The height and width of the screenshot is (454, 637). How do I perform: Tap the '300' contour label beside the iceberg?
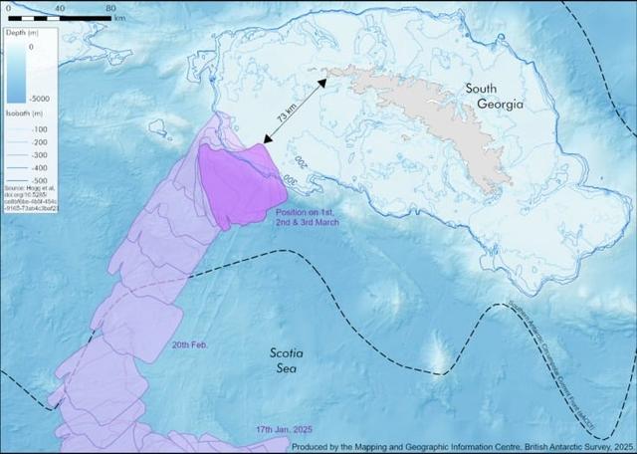point(299,161)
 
